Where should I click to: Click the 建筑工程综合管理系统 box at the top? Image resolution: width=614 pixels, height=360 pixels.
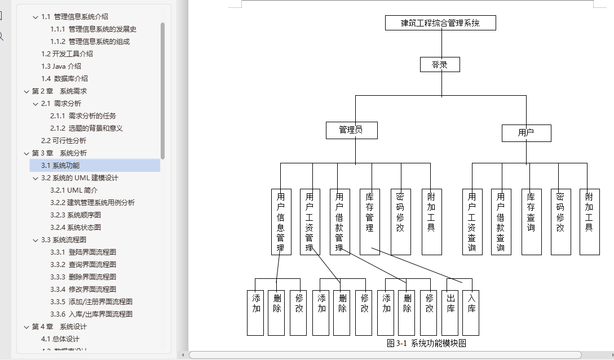tap(440, 23)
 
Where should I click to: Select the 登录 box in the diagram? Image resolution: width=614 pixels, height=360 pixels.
tap(440, 65)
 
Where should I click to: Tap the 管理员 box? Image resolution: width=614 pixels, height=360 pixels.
tap(351, 131)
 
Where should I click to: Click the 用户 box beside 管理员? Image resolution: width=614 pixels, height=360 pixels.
tap(526, 133)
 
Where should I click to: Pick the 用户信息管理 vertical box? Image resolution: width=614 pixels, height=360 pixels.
tap(281, 222)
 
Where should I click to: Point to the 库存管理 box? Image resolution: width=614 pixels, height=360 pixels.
tap(370, 222)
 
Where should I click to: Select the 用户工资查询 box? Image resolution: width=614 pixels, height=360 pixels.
tap(472, 222)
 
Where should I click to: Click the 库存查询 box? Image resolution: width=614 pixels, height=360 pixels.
tap(531, 222)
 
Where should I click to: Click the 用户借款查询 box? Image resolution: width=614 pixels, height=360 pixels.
tap(501, 222)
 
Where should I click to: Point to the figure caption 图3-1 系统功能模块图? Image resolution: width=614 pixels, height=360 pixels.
tap(426, 343)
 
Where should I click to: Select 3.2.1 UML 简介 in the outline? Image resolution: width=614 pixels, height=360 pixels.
tap(74, 190)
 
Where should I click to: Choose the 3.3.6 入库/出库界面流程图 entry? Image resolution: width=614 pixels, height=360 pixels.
tap(91, 314)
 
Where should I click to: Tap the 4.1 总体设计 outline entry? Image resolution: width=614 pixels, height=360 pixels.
tap(60, 339)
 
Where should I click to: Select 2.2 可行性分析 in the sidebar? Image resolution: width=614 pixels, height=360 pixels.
tap(64, 141)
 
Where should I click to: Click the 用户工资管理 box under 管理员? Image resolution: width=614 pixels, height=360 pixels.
tap(310, 222)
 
